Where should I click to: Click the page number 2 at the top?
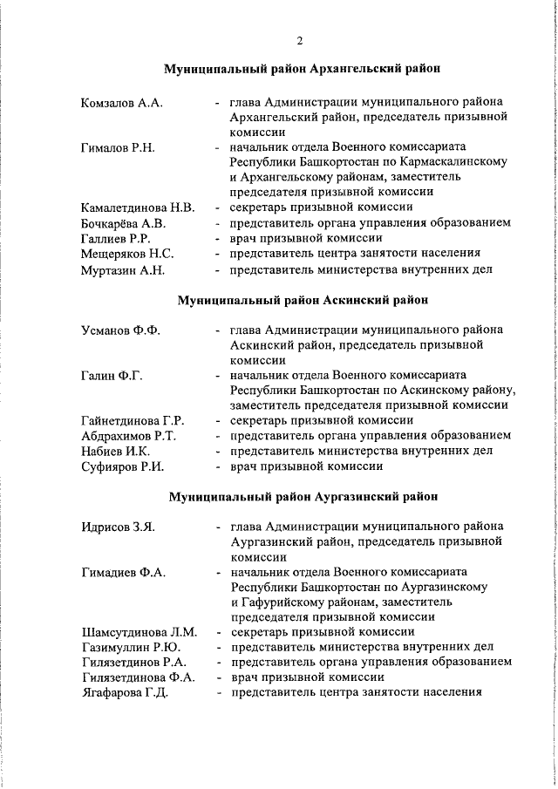299,41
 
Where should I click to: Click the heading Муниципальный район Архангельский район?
303,68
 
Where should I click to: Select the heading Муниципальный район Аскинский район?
303,301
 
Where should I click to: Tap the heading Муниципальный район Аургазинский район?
303,497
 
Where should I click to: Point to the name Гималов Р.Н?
118,147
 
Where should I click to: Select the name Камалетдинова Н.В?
137,208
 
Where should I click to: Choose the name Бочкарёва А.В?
124,223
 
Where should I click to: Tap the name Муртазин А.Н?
123,269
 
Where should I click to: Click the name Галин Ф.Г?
112,376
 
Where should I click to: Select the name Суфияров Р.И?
123,466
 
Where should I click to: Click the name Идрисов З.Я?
119,527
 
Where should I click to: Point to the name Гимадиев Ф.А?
124,572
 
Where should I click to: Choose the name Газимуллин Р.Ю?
131,647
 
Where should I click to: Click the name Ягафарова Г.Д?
125,693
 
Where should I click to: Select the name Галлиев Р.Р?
116,239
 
